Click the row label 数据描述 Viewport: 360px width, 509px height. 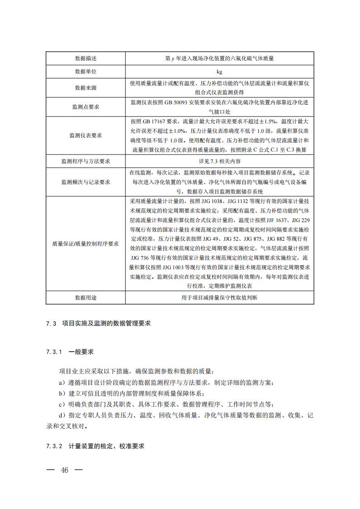(86, 58)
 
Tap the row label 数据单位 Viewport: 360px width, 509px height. (86, 72)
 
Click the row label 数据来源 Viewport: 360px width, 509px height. (86, 87)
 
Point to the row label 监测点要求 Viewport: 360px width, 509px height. (86, 107)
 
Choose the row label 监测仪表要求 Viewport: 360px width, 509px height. (86, 136)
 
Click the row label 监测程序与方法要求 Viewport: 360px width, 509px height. (86, 161)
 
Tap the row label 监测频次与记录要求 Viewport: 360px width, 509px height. (86, 182)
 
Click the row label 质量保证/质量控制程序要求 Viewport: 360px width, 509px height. (86, 243)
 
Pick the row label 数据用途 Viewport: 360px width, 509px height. (86, 297)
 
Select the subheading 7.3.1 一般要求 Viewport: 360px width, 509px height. (69, 352)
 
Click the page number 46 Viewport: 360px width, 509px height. (64, 470)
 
